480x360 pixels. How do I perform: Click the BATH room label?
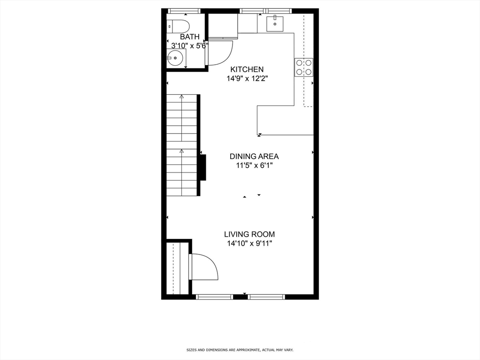[x=189, y=37]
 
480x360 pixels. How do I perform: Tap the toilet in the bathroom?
[x=179, y=26]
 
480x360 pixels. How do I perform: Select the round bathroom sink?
[x=175, y=59]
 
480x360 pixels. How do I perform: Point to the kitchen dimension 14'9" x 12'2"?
[x=247, y=79]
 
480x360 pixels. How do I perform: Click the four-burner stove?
[x=303, y=67]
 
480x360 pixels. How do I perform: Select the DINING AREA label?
[x=254, y=157]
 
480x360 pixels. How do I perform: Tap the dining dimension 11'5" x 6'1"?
[x=254, y=165]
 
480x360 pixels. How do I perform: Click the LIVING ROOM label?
[x=249, y=234]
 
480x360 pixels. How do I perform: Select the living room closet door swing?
[x=204, y=267]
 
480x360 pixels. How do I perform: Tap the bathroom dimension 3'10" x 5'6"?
[x=187, y=45]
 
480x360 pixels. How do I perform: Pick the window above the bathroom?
[x=184, y=11]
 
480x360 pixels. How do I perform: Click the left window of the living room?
[x=214, y=296]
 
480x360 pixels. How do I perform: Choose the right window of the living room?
[x=266, y=296]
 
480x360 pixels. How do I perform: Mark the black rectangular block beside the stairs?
[x=203, y=167]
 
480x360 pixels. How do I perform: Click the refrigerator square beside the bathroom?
[x=223, y=25]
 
